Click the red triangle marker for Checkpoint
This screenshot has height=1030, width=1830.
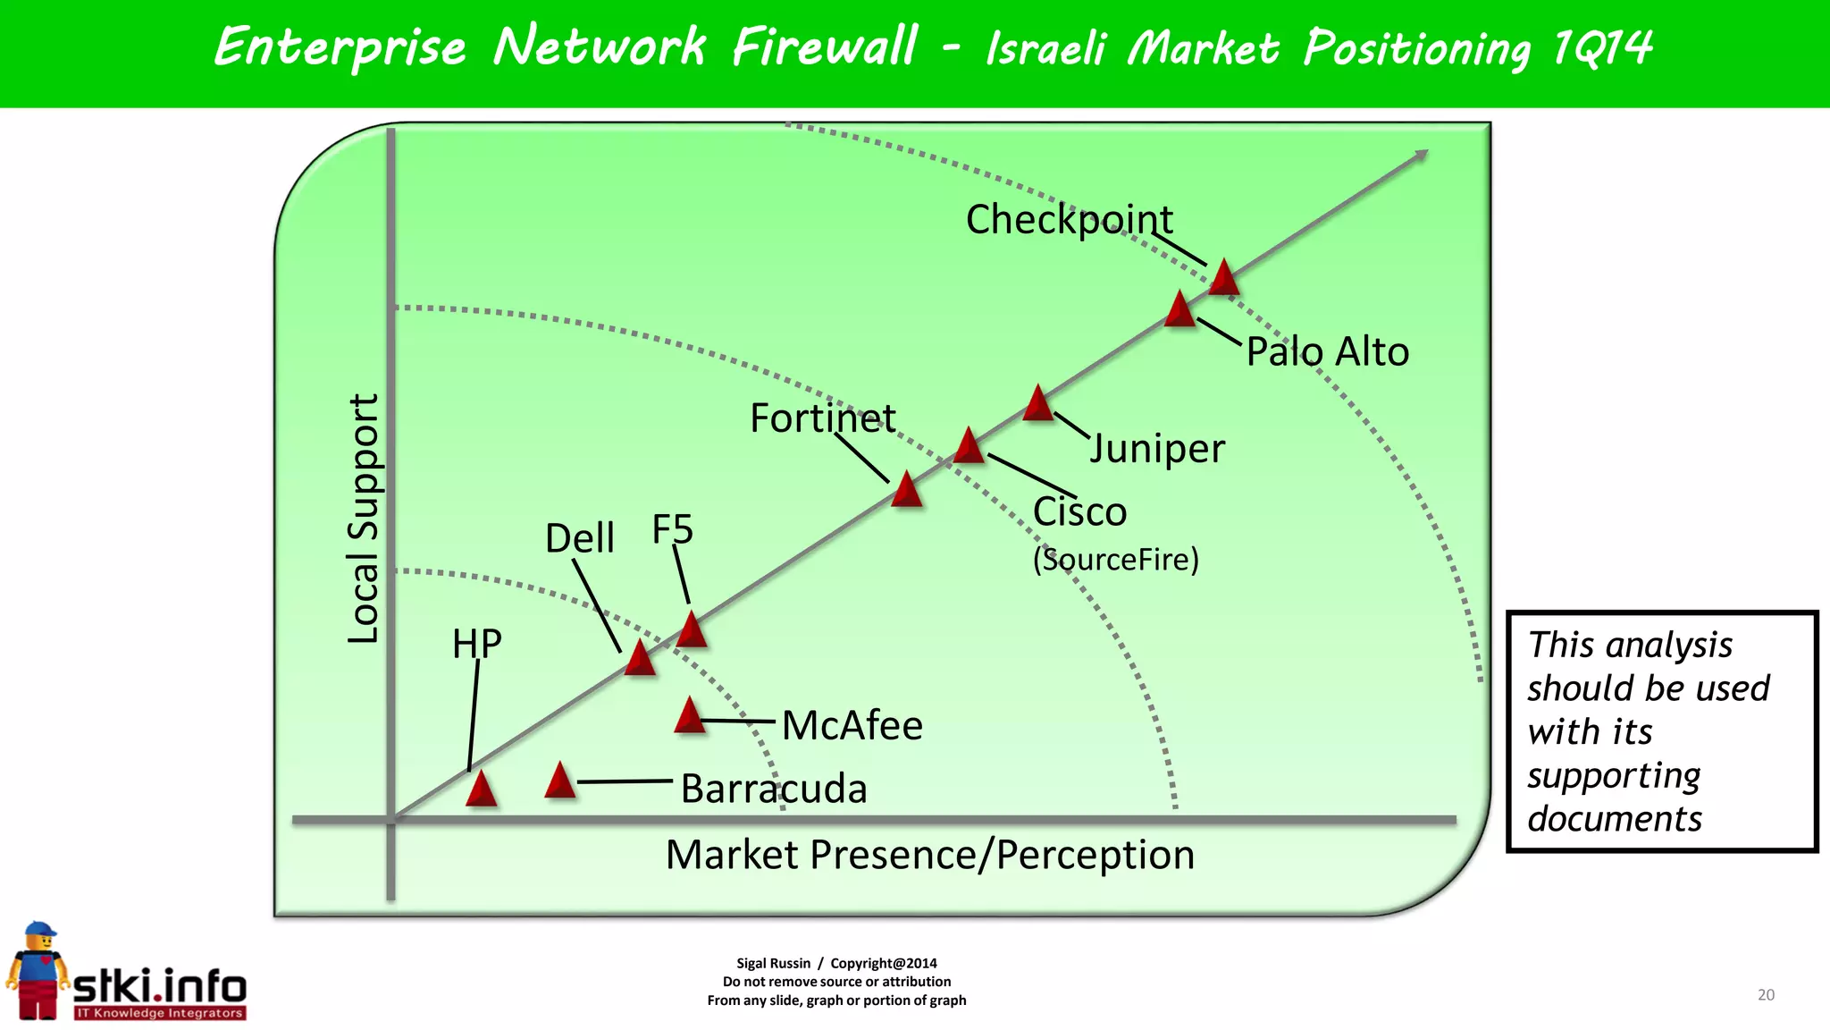1223,279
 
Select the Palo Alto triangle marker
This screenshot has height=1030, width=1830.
1179,310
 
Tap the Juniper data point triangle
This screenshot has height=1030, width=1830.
1037,404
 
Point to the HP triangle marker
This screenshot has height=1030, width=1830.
481,789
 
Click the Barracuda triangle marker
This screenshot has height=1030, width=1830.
559,781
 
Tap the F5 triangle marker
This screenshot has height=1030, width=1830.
691,630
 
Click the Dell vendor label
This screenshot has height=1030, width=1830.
579,538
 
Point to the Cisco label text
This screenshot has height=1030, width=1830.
1079,512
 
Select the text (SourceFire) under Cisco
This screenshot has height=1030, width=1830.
1115,560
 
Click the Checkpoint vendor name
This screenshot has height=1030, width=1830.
1069,220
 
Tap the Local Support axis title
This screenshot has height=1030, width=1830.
363,519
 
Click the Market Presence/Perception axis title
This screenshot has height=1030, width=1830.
929,855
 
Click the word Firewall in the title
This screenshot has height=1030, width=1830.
824,46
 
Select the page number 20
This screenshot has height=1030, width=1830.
1766,994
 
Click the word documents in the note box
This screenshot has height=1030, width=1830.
1614,819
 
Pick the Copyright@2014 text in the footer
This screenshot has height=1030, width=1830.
883,963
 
